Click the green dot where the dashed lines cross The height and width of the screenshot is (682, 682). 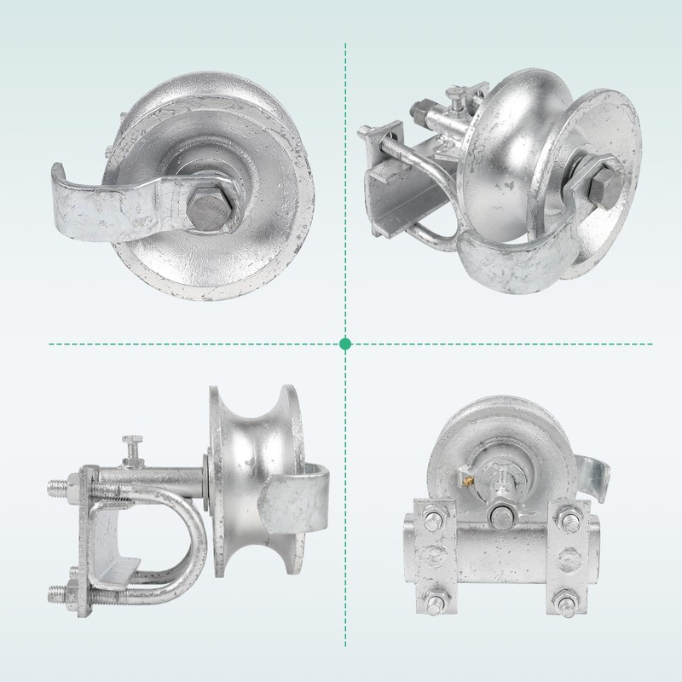click(345, 344)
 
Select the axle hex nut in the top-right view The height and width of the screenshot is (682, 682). click(597, 183)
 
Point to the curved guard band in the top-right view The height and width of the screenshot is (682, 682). click(511, 256)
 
